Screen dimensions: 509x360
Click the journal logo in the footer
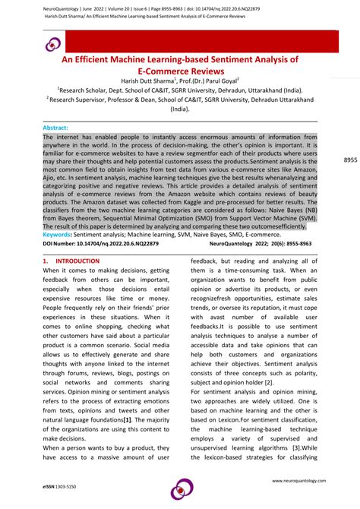click(181, 488)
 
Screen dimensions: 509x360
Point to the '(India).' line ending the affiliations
click(180, 108)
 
